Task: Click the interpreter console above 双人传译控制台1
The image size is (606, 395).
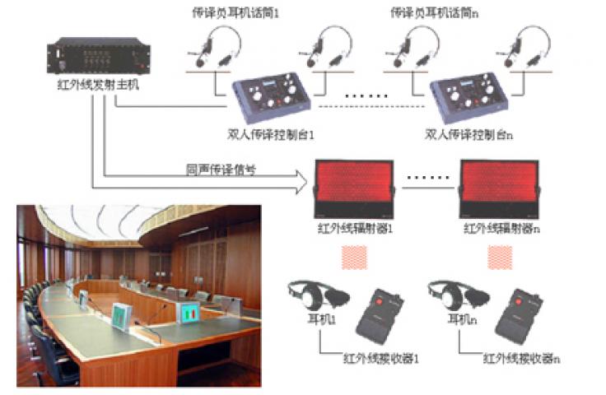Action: coord(267,100)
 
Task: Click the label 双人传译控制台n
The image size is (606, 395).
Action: coord(469,133)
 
